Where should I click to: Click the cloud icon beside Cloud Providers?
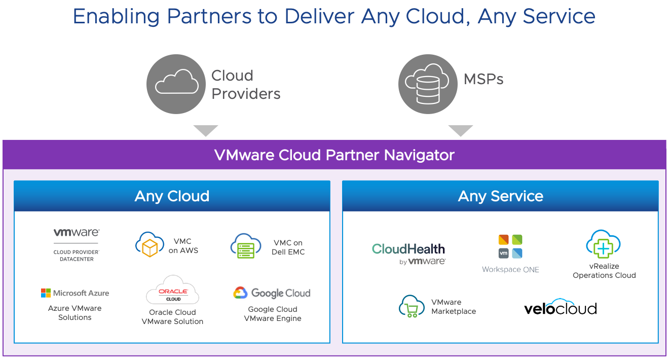tap(176, 84)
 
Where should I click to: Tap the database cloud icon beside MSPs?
tap(428, 84)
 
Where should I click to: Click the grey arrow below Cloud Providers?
tap(206, 130)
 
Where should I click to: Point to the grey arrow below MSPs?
tap(460, 130)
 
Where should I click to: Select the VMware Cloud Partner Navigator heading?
tap(334, 155)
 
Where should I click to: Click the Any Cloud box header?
tap(172, 196)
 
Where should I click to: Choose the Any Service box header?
tap(500, 196)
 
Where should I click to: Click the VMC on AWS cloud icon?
tap(150, 244)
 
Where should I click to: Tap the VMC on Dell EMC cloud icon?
tap(246, 246)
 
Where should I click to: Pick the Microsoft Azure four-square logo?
tap(46, 293)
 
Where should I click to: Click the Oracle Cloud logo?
tap(173, 291)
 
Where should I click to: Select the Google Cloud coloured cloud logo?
tap(240, 293)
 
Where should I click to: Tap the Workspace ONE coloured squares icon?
tap(510, 246)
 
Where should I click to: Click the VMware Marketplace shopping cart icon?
tap(412, 306)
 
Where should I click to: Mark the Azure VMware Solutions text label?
tap(75, 313)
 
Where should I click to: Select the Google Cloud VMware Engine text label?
tap(273, 314)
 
